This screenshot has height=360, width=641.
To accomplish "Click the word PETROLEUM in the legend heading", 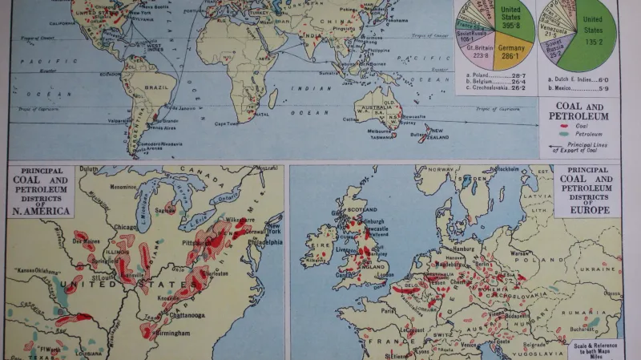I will (x=586, y=116).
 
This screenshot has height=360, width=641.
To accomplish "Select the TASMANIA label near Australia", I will (x=381, y=137).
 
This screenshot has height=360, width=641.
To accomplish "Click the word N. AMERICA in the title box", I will (x=42, y=211).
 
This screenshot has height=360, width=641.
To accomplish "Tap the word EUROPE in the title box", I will (x=586, y=210).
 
